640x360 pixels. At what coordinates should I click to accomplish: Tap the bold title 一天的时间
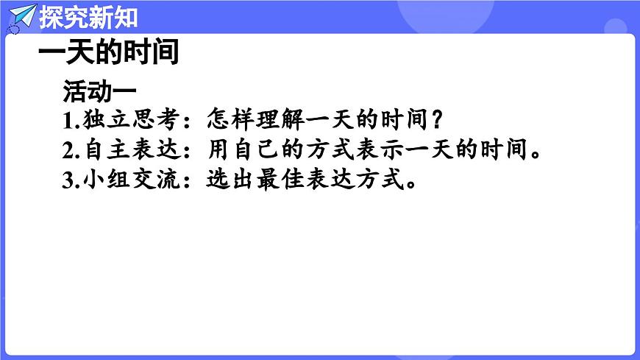coord(108,54)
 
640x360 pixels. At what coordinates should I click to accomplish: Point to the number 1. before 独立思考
coord(70,120)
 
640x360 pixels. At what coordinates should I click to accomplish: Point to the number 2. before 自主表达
coord(70,150)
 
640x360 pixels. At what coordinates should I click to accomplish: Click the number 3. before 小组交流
coord(70,181)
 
